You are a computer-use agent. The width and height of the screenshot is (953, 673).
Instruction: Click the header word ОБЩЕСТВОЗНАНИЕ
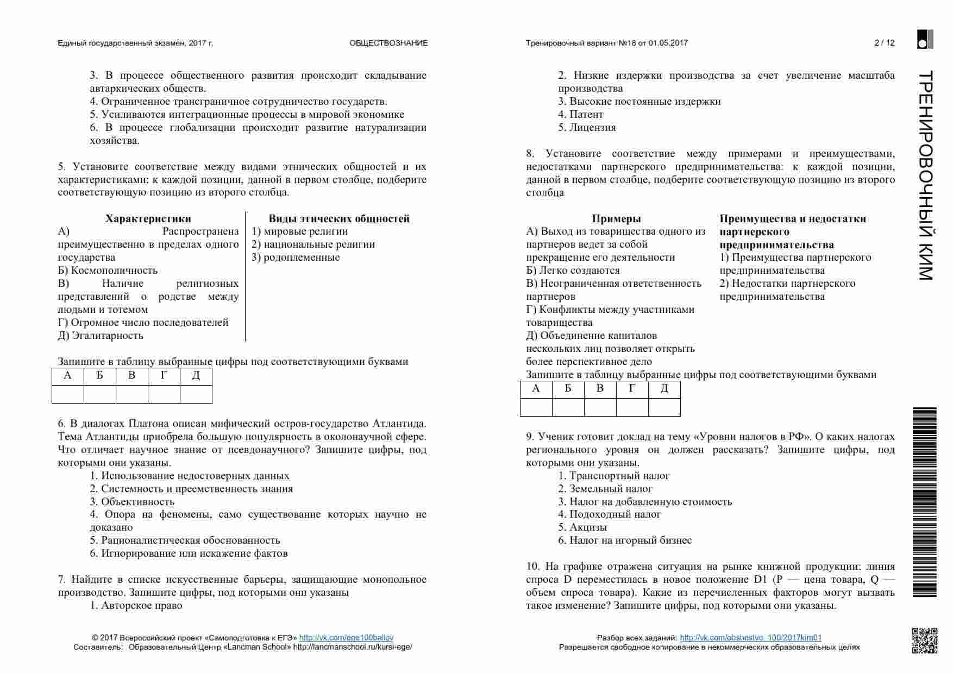pyautogui.click(x=388, y=43)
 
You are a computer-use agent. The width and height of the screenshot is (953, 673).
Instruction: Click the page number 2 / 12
pyautogui.click(x=884, y=43)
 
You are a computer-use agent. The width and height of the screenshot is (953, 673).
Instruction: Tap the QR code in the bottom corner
pyautogui.click(x=924, y=640)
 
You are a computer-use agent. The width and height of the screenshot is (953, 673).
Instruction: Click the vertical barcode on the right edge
pyautogui.click(x=924, y=502)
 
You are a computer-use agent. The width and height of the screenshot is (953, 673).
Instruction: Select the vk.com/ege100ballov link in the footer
pyautogui.click(x=346, y=638)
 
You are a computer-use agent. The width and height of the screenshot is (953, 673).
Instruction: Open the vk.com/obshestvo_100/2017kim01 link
pyautogui.click(x=750, y=638)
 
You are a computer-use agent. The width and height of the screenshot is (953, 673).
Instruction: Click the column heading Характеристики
pyautogui.click(x=148, y=219)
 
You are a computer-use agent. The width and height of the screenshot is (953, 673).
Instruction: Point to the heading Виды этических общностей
pyautogui.click(x=339, y=219)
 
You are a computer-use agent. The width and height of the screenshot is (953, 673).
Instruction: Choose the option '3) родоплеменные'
pyautogui.click(x=296, y=257)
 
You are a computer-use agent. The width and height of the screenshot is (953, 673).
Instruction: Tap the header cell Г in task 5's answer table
pyautogui.click(x=164, y=376)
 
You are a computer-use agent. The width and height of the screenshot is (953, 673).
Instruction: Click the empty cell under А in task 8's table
pyautogui.click(x=536, y=407)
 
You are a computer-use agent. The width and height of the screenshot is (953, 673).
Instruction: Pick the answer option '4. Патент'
pyautogui.click(x=581, y=115)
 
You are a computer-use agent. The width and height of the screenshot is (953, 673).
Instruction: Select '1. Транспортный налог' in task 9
pyautogui.click(x=614, y=476)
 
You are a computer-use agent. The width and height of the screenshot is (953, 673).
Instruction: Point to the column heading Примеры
pyautogui.click(x=616, y=219)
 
